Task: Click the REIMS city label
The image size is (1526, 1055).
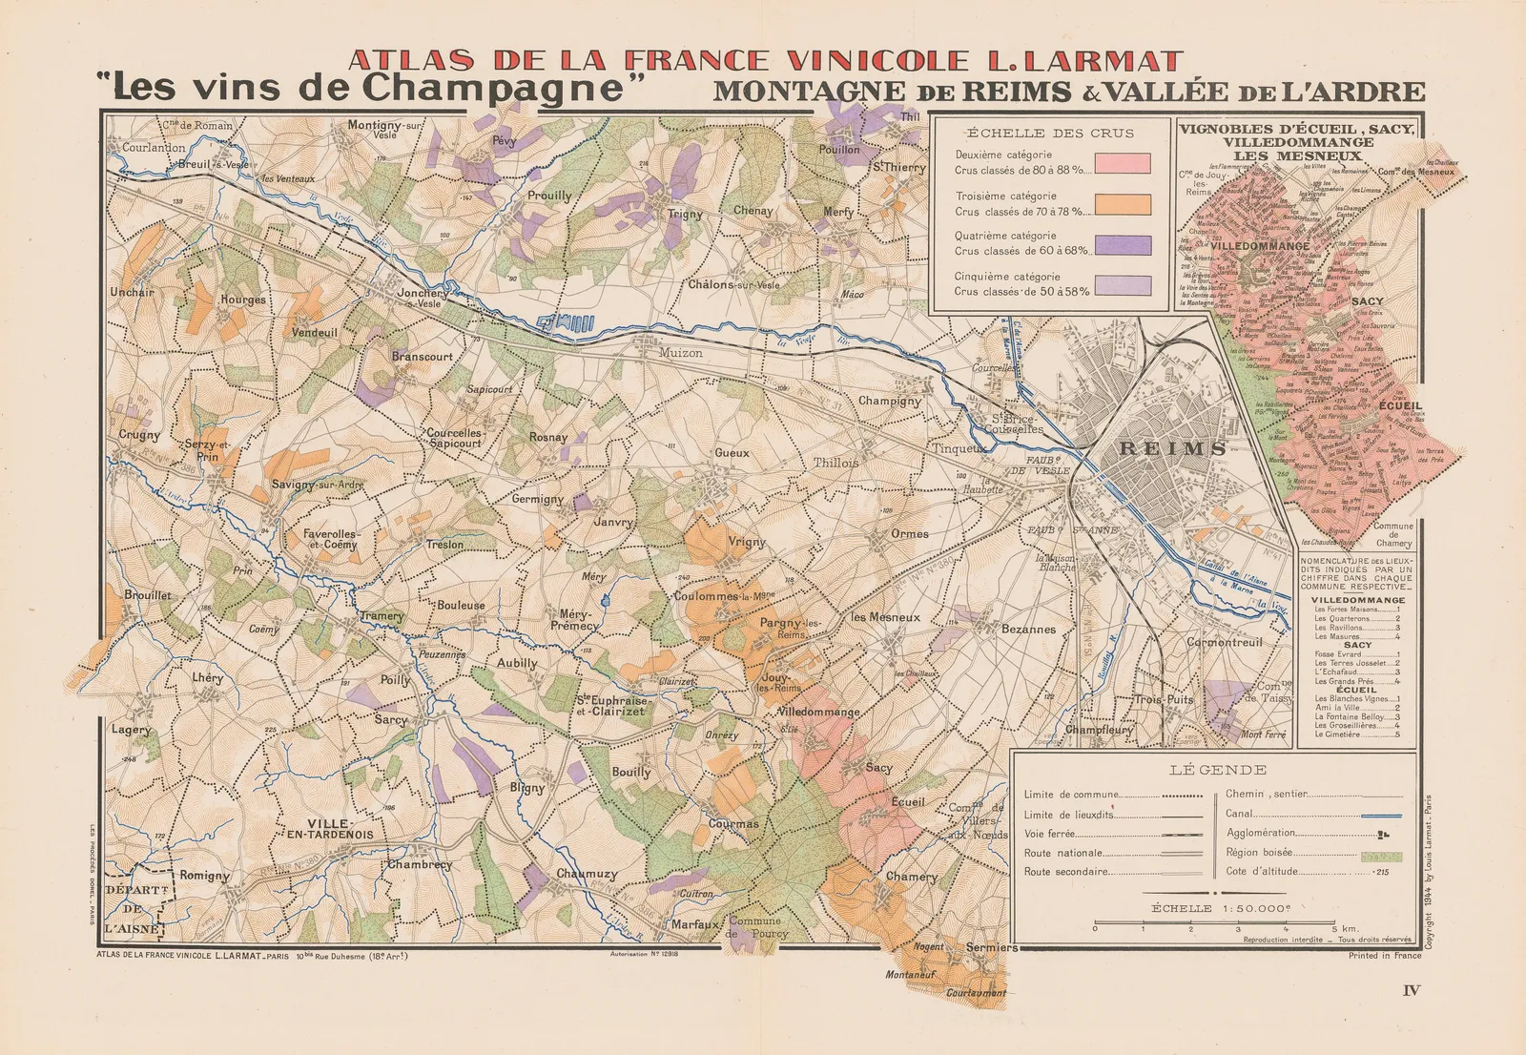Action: pos(1172,448)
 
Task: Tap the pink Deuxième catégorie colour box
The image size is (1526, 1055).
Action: pos(1123,163)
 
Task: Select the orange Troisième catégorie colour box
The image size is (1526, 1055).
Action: pos(1123,204)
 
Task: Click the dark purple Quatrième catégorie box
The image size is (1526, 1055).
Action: pos(1123,245)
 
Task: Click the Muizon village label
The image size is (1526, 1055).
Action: pos(680,353)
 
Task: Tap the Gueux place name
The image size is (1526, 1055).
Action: pos(732,453)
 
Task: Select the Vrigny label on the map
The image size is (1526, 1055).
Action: pos(747,542)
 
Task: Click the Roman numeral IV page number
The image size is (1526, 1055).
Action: pos(1412,990)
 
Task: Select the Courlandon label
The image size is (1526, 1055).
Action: pos(153,148)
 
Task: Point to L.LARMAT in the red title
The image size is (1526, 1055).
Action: pos(1078,61)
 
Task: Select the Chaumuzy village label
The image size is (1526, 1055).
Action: pos(587,874)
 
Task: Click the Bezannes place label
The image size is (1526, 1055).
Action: pos(1028,630)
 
